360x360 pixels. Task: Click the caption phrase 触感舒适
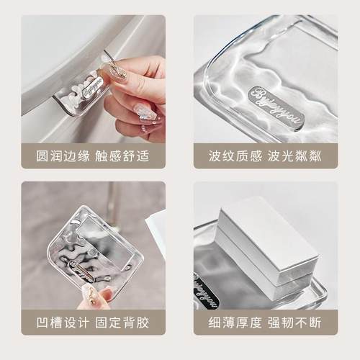[x=122, y=155]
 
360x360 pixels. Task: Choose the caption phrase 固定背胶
[x=122, y=320]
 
